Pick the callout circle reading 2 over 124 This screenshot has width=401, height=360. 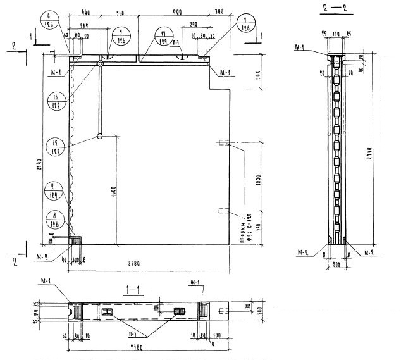click(x=56, y=194)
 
